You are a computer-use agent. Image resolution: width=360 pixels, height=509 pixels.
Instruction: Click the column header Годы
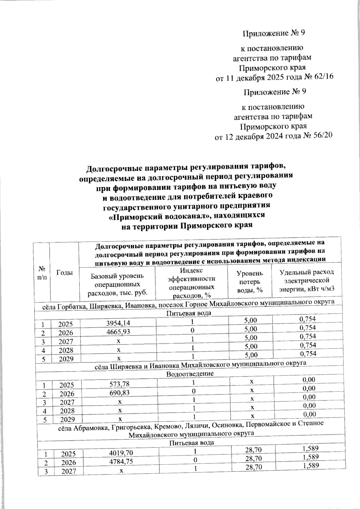point(64,272)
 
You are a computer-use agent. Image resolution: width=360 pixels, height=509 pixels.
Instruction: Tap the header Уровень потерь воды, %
point(250,282)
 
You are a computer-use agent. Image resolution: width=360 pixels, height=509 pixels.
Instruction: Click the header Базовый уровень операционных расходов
point(117,284)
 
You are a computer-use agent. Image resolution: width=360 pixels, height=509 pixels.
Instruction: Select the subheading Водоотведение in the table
point(190,374)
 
